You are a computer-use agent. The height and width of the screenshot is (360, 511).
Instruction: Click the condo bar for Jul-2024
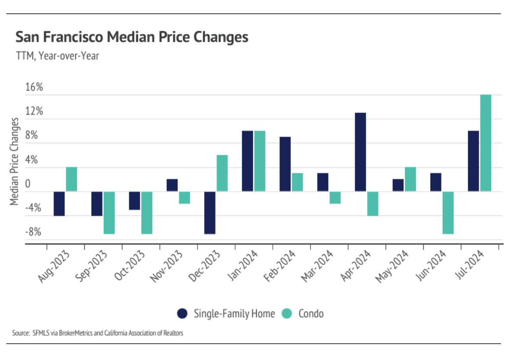(485, 143)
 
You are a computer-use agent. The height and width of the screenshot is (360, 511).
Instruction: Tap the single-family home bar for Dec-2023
(210, 212)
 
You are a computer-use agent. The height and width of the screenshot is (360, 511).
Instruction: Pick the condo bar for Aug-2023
(71, 179)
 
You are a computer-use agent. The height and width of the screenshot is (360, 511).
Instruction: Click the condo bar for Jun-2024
(448, 212)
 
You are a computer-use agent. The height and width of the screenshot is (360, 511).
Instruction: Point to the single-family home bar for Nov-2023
(172, 185)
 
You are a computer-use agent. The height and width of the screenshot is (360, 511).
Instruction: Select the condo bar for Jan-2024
(260, 161)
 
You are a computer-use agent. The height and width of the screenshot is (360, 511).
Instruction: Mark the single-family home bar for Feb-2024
(285, 164)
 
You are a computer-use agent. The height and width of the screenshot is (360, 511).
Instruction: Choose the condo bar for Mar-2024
(335, 197)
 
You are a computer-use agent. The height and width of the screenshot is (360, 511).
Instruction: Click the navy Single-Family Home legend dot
(182, 314)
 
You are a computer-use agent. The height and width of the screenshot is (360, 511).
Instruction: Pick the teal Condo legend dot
(287, 314)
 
